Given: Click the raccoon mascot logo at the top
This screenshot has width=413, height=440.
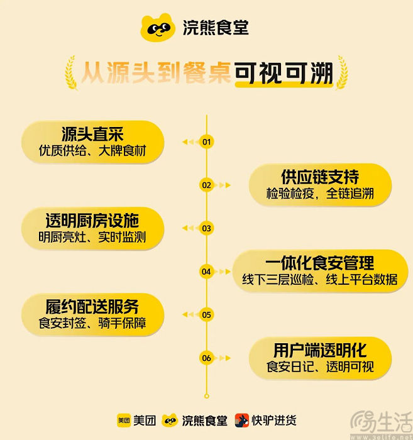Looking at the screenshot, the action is (158, 27).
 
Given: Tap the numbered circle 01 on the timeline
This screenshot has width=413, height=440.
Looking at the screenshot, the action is (206, 141).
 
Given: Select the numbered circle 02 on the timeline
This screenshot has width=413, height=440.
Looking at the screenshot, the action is (206, 185).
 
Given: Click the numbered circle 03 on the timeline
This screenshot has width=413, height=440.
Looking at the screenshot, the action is (206, 228).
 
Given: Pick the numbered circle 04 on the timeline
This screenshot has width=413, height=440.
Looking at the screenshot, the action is (206, 272).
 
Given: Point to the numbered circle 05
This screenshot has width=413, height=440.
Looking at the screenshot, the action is (206, 314).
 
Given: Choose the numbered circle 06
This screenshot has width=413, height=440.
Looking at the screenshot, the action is (206, 358).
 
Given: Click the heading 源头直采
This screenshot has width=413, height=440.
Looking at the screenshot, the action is (92, 134).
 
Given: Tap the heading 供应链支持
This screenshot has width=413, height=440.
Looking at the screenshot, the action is (320, 177).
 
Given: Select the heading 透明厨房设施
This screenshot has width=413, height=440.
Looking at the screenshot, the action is (92, 220).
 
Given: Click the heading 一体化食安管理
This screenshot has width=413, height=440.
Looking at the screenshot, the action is (320, 263).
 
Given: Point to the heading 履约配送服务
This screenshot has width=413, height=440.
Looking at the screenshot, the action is (92, 307).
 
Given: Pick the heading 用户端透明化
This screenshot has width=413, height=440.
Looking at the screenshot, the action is (320, 350).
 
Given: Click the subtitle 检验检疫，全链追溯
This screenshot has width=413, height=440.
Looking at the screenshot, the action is (320, 194).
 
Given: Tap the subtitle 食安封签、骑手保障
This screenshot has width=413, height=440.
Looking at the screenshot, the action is (92, 322).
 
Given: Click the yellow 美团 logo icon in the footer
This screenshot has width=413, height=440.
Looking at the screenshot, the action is (124, 421).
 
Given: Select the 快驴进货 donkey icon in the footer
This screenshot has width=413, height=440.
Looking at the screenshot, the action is (242, 421).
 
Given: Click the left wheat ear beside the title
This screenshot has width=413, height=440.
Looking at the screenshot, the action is (71, 73).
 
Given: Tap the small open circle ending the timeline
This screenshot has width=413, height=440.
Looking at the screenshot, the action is (207, 396).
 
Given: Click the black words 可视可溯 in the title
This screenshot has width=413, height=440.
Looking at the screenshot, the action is (284, 73).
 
